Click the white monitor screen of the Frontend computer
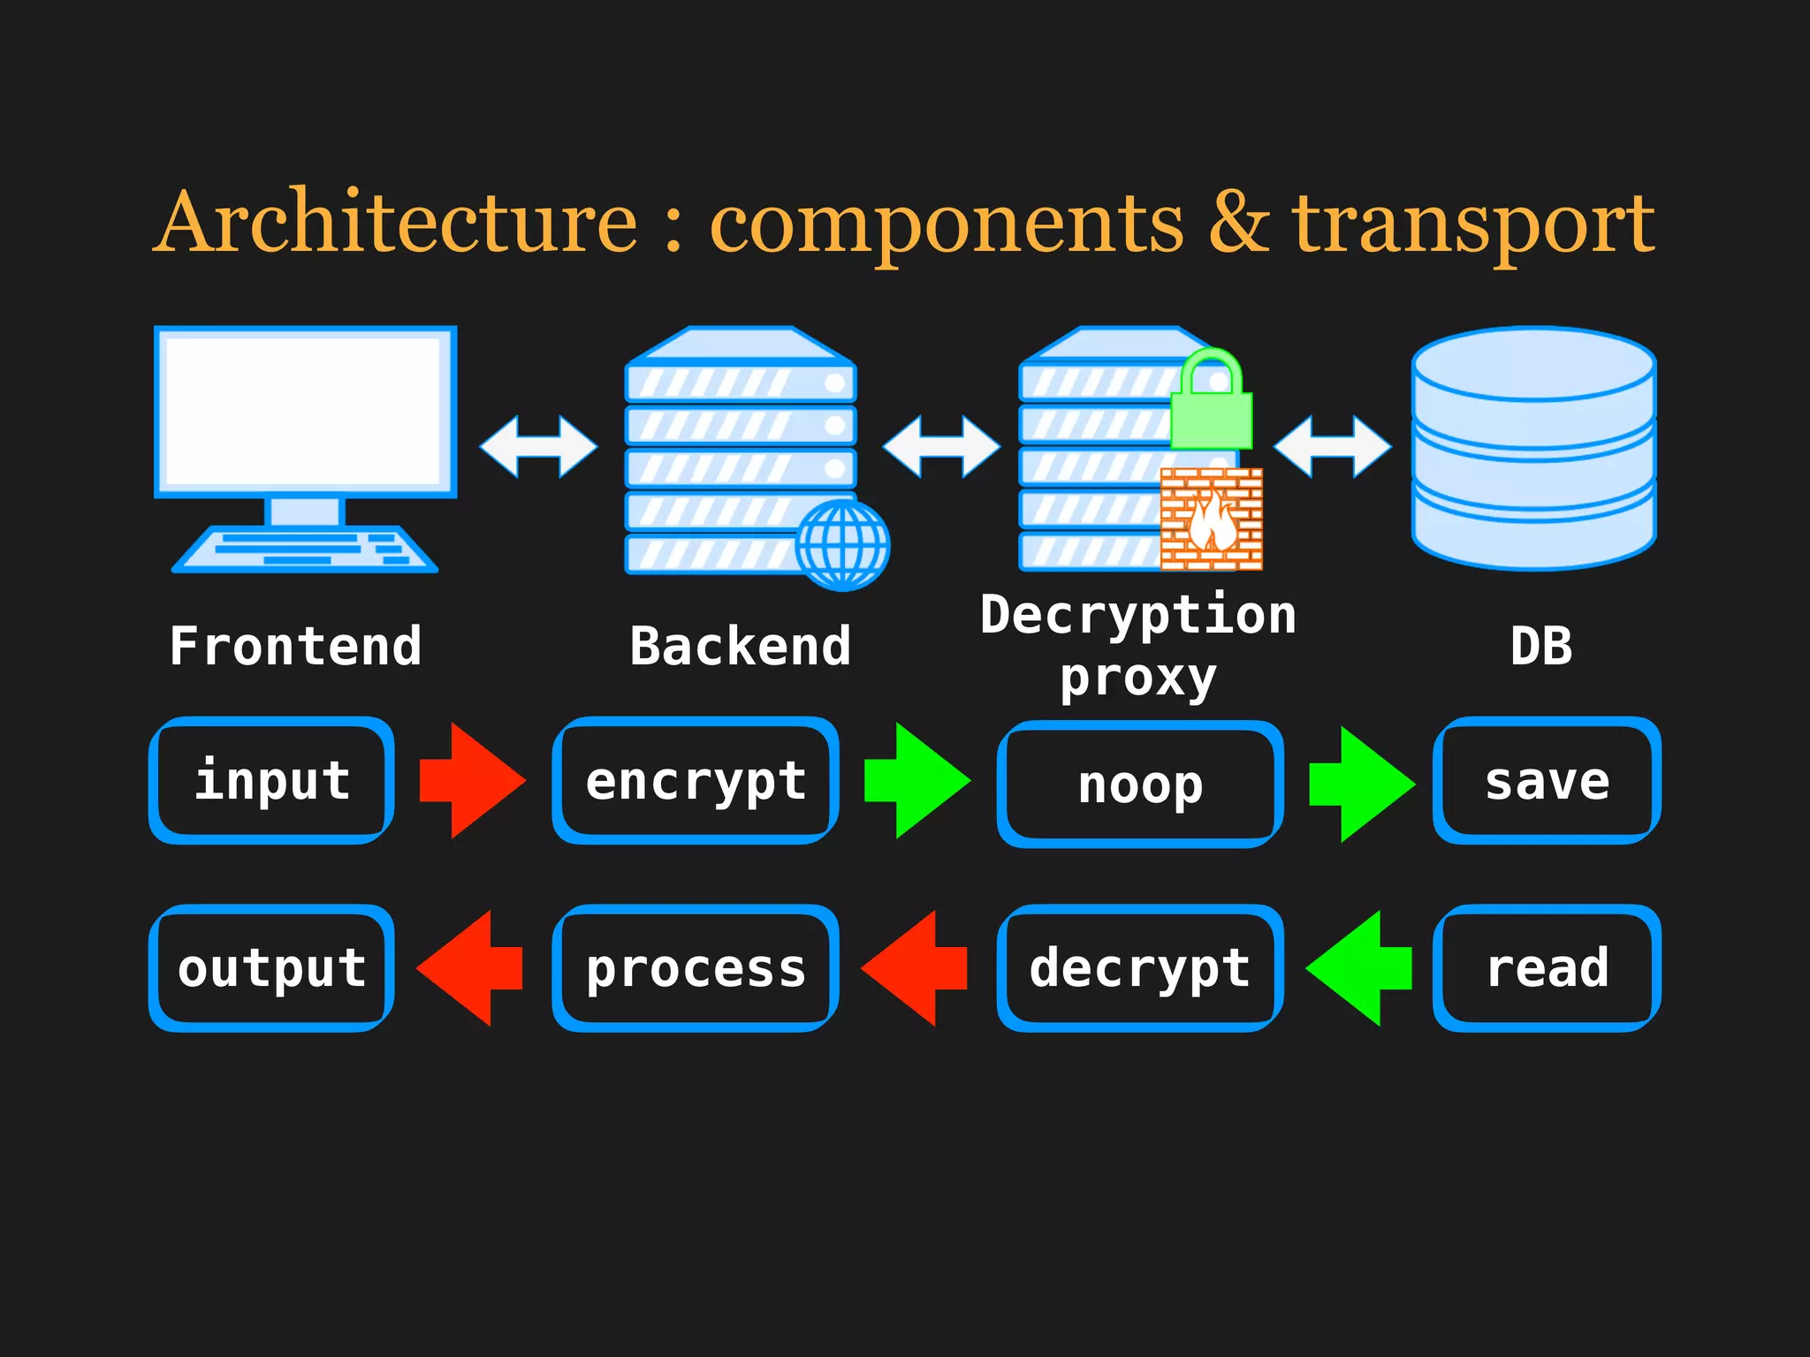305,411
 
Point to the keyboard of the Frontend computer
305,550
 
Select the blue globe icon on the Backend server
842,545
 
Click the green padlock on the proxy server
1211,402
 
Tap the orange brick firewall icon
1211,519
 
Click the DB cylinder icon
1533,448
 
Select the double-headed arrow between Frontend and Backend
538,447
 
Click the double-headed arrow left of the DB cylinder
1332,447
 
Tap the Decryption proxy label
1138,646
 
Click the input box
272,781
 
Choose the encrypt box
696,781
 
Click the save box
1547,781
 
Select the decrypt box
1140,968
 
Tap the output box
272,968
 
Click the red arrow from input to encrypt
473,781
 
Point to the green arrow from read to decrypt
1358,968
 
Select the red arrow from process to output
469,968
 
